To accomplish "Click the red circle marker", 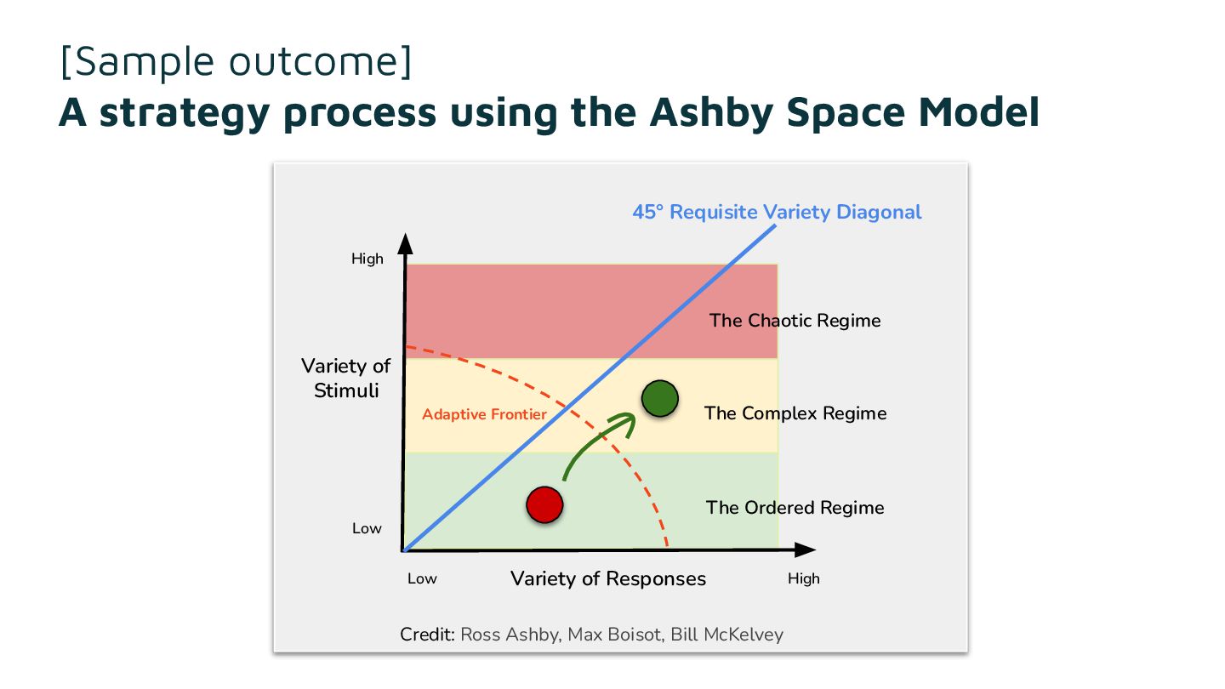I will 544,504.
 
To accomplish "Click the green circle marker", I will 659,399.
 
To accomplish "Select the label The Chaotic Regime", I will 795,321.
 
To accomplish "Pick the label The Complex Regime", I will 795,413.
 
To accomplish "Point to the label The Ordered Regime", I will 795,508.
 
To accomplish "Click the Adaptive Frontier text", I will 484,414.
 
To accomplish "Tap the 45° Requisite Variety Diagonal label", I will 777,212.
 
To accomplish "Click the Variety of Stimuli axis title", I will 345,379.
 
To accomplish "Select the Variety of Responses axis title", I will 607,578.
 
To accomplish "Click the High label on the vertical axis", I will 367,259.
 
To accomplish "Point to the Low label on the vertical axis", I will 367,528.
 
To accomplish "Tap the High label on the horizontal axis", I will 803,578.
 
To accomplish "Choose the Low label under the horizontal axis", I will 422,578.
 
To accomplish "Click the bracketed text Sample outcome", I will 236,61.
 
